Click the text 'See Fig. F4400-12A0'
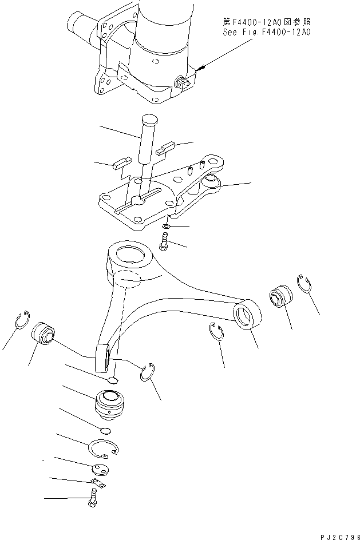[266, 32]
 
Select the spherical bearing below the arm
[109, 403]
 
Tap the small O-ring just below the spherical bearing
[105, 431]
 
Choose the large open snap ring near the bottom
[104, 448]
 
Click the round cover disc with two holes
[99, 470]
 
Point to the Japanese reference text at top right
[266, 22]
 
